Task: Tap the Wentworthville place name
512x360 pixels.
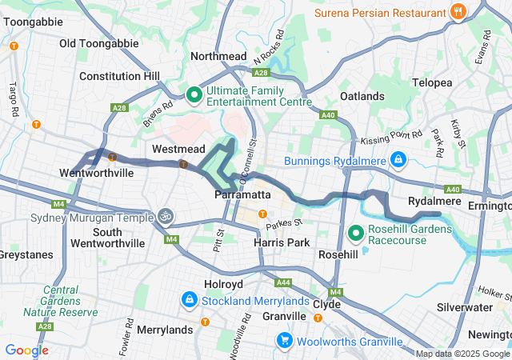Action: (96, 173)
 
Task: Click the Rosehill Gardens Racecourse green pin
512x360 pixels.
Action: (356, 234)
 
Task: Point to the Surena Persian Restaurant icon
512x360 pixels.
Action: (458, 12)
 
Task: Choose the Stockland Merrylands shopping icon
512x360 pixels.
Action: (190, 300)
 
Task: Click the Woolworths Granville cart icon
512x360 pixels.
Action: (284, 341)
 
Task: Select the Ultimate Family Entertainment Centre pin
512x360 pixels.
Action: (194, 96)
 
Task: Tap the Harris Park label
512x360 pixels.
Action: (275, 242)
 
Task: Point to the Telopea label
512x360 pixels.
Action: (433, 82)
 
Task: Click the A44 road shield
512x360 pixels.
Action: (282, 282)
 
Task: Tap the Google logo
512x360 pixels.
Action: (26, 350)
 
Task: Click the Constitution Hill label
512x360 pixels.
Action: (119, 76)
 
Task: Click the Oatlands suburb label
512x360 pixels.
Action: (362, 96)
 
